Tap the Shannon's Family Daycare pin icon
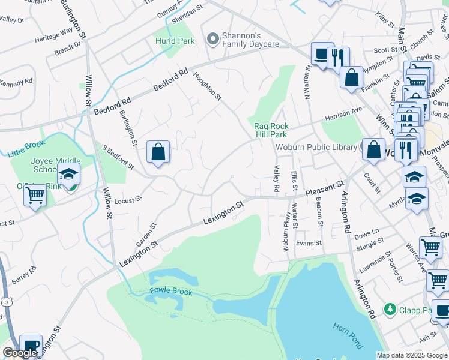coord(211,39)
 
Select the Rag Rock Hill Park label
coord(271,130)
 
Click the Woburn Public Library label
coord(316,147)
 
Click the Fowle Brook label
coord(171,292)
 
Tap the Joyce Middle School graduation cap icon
coord(68,175)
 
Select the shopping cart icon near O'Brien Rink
coord(35,195)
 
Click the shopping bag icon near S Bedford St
coord(158,151)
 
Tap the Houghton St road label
coord(208,86)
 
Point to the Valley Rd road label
coord(277,179)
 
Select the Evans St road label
coord(309,243)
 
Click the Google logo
coord(20,353)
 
